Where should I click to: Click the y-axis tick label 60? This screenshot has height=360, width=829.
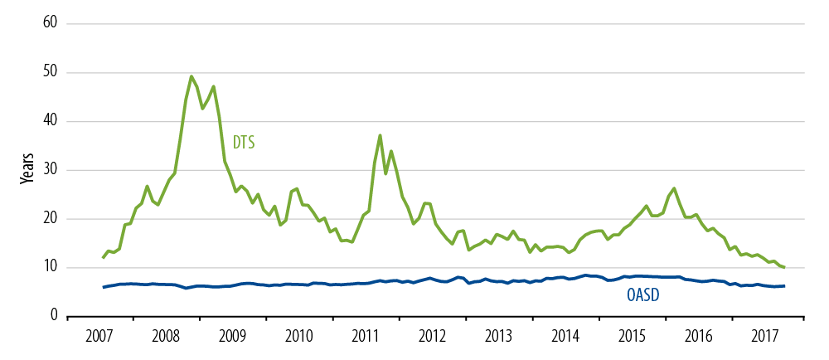pyautogui.click(x=49, y=23)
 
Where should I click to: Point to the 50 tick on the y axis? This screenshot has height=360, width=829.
pyautogui.click(x=49, y=72)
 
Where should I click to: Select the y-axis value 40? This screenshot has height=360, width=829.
pyautogui.click(x=49, y=121)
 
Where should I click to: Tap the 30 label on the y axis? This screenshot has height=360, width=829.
pyautogui.click(x=49, y=170)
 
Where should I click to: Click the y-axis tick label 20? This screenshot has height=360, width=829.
pyautogui.click(x=49, y=219)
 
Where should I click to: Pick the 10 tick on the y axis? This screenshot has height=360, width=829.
pyautogui.click(x=49, y=267)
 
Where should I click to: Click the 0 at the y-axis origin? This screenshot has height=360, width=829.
pyautogui.click(x=52, y=316)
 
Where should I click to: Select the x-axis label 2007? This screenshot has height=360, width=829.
pyautogui.click(x=99, y=337)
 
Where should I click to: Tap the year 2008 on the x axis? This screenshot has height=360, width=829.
pyautogui.click(x=166, y=337)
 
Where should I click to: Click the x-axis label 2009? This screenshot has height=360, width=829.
pyautogui.click(x=232, y=337)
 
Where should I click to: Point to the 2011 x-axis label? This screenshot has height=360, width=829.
pyautogui.click(x=366, y=337)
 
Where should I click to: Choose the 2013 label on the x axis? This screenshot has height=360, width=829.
pyautogui.click(x=498, y=337)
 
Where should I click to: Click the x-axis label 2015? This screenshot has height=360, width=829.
pyautogui.click(x=632, y=337)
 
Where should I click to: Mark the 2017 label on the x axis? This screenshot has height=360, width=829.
pyautogui.click(x=764, y=337)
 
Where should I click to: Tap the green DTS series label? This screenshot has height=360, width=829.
pyautogui.click(x=243, y=143)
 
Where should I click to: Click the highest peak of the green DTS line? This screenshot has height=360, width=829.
pyautogui.click(x=191, y=76)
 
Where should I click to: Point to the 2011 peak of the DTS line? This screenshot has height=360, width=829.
pyautogui.click(x=380, y=135)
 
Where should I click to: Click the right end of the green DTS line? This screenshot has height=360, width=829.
pyautogui.click(x=784, y=267)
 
